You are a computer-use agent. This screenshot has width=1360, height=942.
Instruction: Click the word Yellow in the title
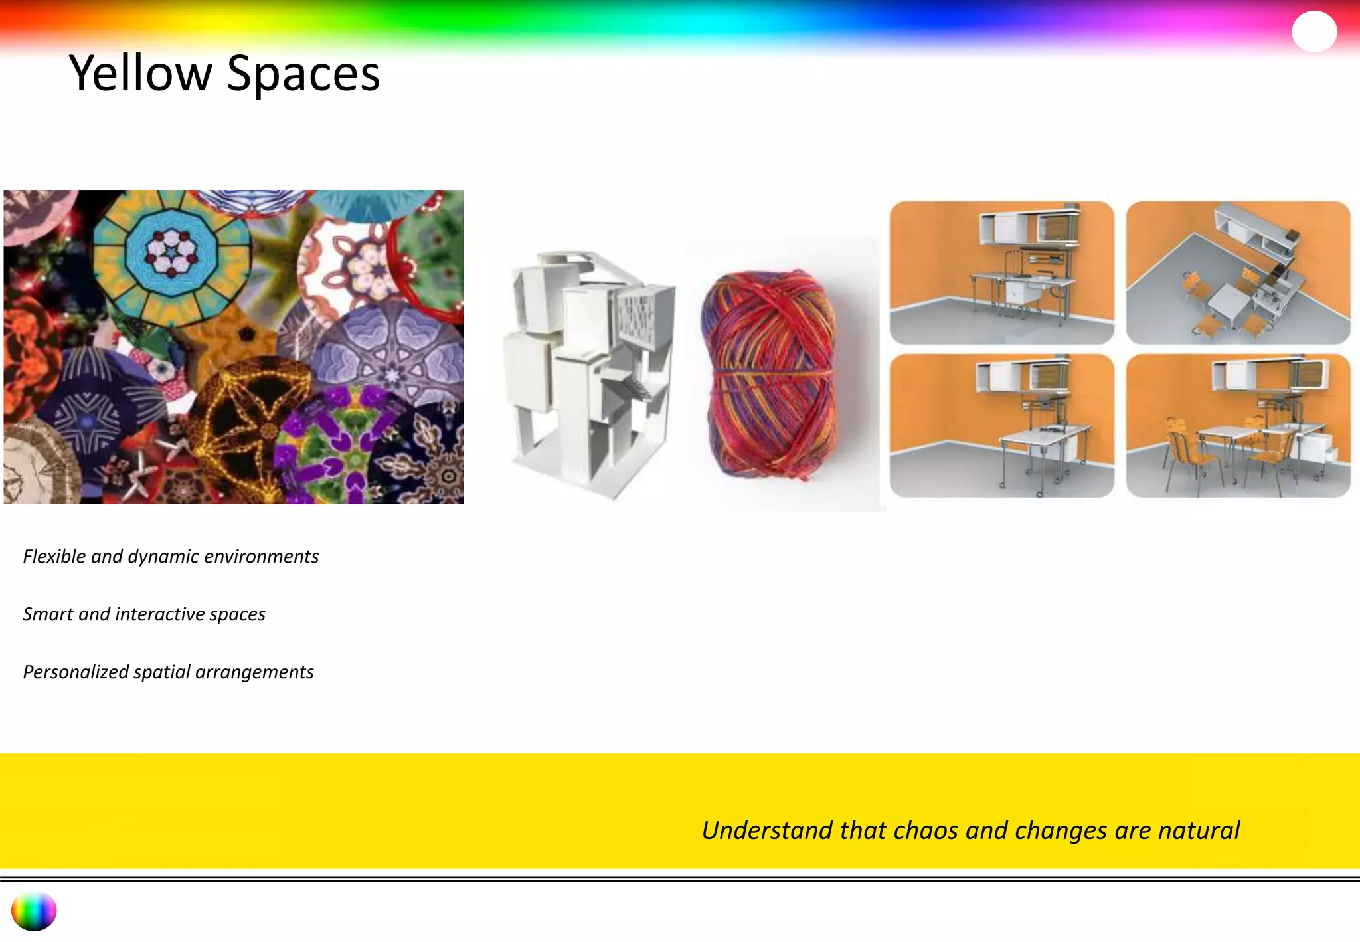click(140, 73)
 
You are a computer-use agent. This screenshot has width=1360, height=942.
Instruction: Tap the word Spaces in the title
click(303, 74)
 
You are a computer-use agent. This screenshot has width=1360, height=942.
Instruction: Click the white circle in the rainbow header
click(1314, 32)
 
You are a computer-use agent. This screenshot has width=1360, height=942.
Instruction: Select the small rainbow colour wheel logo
click(34, 911)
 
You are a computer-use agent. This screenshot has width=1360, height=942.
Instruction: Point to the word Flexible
click(54, 556)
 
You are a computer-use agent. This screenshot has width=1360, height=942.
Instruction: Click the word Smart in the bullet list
click(48, 614)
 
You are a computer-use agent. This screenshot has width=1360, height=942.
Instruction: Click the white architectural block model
click(591, 372)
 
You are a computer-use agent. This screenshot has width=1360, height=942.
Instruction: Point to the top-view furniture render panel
click(1238, 272)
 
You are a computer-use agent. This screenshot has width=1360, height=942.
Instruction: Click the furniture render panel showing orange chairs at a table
click(1238, 425)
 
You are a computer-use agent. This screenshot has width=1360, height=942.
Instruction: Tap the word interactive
click(159, 614)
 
